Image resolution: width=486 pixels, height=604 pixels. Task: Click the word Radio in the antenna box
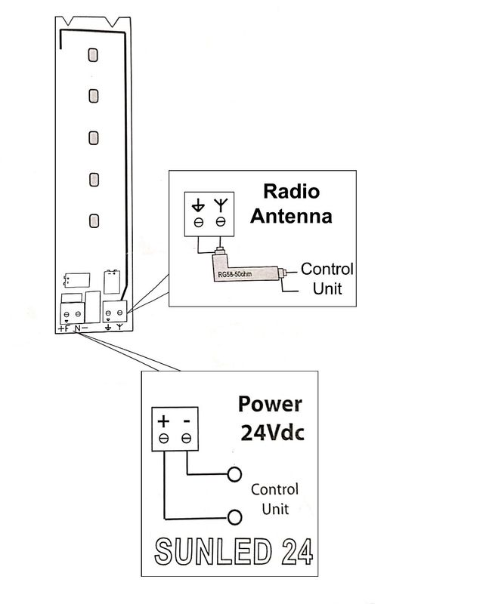(x=292, y=192)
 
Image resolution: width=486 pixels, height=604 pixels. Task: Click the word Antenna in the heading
(x=291, y=216)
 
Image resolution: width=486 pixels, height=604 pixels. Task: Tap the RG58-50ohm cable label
(x=234, y=274)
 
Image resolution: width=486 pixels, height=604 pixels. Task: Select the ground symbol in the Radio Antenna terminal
(x=198, y=205)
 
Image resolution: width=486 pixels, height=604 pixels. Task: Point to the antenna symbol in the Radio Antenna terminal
(x=221, y=205)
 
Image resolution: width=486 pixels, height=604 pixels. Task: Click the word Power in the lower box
(x=270, y=405)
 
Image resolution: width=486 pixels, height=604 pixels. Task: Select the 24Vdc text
(x=272, y=433)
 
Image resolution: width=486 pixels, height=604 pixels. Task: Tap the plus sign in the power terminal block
(x=163, y=421)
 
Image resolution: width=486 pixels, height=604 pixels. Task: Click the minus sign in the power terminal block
(x=187, y=422)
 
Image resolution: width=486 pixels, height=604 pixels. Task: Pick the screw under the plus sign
(x=163, y=439)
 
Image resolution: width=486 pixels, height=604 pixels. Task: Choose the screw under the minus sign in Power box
(x=186, y=439)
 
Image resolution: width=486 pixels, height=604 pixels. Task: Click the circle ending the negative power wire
(x=234, y=475)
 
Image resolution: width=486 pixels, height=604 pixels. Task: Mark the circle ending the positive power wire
(x=234, y=517)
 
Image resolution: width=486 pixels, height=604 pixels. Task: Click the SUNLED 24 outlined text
(x=234, y=552)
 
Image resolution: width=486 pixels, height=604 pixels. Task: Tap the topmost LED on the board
(x=93, y=54)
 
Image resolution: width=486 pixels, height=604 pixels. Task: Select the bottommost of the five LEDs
(x=94, y=221)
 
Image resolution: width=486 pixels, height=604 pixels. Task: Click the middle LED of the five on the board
(x=93, y=138)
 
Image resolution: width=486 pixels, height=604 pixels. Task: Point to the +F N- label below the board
(x=73, y=328)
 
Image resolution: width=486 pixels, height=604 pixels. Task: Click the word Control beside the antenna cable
(x=327, y=269)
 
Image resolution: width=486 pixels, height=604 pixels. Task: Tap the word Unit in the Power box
(x=275, y=509)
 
